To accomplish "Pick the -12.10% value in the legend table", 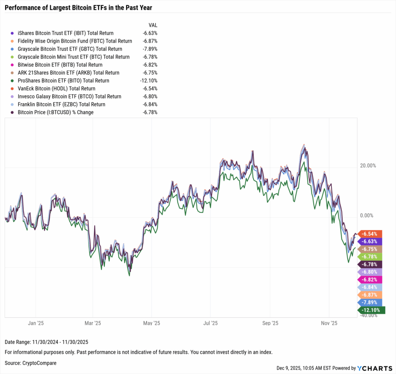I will [x=148, y=81].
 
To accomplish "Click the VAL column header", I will [x=153, y=25].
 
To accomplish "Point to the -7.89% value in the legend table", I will [x=150, y=49].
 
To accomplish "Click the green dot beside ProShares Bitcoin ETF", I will [x=13, y=81].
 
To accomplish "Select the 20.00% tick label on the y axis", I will [x=368, y=166].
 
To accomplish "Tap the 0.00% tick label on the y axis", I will [x=369, y=215].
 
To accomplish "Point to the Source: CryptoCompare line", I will [x=31, y=363].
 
